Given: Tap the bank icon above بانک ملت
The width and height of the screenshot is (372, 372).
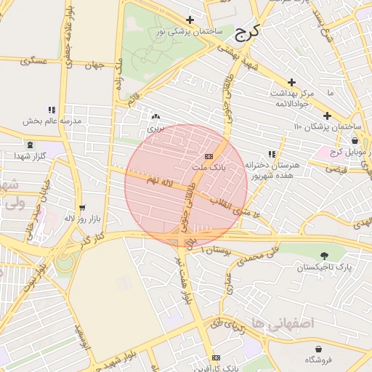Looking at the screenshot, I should click(209, 156).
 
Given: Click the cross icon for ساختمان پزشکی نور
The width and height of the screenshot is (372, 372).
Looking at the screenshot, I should click(190, 20).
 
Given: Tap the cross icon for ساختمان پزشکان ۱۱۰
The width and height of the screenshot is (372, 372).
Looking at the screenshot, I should click(327, 116).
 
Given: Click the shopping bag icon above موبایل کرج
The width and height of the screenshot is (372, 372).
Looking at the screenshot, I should click(355, 141).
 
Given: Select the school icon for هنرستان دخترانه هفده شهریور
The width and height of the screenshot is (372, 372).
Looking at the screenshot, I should click(272, 155).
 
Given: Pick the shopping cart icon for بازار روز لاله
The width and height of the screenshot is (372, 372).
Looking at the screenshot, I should click(81, 207).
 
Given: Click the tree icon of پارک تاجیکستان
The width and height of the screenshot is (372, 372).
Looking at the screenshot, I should click(323, 256).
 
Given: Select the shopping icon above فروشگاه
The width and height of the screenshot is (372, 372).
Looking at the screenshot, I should click(318, 348).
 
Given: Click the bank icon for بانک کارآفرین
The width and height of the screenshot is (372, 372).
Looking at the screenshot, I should click(215, 358).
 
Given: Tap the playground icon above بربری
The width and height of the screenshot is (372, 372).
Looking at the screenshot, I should click(155, 116).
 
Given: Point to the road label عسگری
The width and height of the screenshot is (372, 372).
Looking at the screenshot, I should click(35, 62).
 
